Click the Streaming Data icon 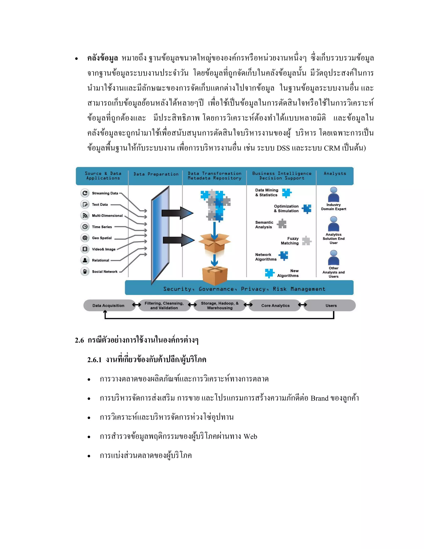[85, 193]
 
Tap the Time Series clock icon [85, 226]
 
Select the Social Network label [105, 271]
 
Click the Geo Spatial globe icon [85, 238]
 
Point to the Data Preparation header [156, 174]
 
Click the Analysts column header [335, 173]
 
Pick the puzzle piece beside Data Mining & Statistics [287, 193]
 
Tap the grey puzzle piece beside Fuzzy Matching [306, 241]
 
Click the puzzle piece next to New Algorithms [270, 273]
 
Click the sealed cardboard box [215, 276]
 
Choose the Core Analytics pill [275, 305]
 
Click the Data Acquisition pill [108, 305]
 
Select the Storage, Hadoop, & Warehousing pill [220, 305]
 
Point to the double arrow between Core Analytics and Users [302, 305]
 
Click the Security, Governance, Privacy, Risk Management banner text [244, 289]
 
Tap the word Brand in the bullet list [319, 398]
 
